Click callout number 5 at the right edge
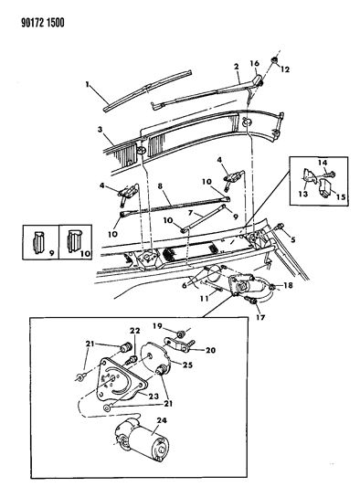click(293, 241)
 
